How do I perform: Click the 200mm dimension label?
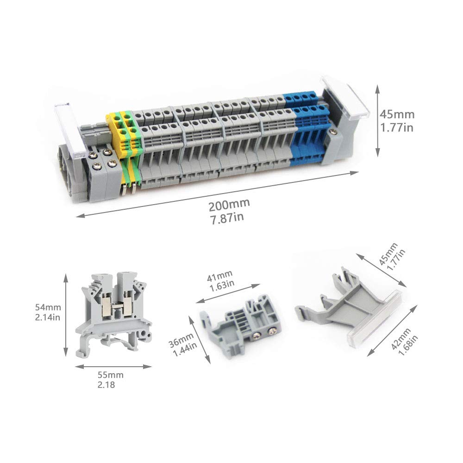(229, 205)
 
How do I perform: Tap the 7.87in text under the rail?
(227, 218)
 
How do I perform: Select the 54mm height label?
(48, 307)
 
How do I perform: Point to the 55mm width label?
(111, 375)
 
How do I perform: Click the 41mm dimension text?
(219, 276)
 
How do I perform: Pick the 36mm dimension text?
(181, 340)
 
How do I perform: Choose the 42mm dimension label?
(400, 339)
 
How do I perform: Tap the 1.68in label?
(408, 345)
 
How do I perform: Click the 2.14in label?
(48, 318)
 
